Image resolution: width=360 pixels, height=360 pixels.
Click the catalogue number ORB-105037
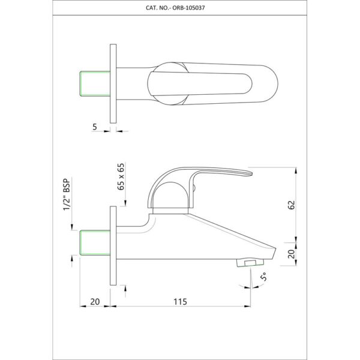188,8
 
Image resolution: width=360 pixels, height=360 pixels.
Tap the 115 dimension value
180,302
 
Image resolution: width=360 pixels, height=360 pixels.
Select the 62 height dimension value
291,205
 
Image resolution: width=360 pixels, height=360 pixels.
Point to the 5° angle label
264,277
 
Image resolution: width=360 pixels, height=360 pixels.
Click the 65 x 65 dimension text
121,176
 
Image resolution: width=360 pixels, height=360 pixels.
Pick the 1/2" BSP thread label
67,194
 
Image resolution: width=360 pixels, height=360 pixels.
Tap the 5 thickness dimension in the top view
95,127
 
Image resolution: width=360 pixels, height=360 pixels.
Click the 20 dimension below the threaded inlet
95,302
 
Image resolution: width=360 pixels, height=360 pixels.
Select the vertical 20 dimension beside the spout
291,254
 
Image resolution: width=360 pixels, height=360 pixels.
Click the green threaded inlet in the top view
95,83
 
